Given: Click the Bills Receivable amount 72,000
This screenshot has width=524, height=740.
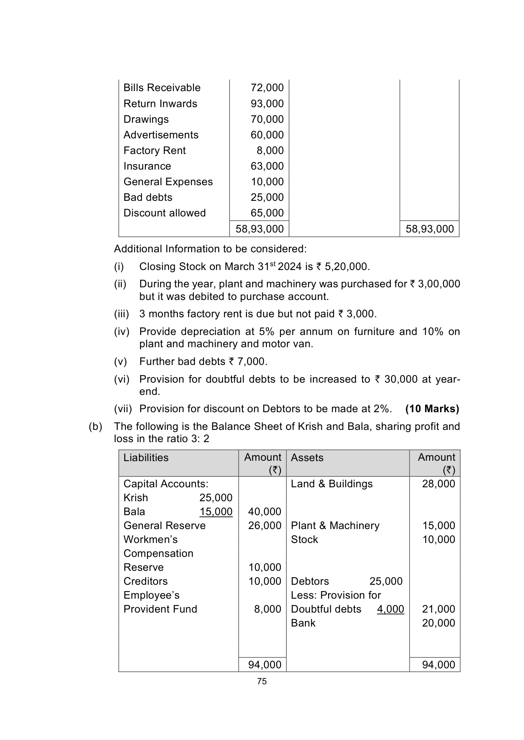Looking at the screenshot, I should (x=267, y=88).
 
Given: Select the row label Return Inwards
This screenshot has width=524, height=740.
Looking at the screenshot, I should (x=160, y=104).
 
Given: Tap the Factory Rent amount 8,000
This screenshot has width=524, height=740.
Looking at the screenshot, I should (x=270, y=151).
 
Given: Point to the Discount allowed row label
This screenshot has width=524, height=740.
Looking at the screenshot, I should (x=164, y=213).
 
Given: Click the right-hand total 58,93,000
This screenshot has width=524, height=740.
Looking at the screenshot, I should (x=429, y=229).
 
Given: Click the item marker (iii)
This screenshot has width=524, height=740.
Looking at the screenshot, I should (x=121, y=314).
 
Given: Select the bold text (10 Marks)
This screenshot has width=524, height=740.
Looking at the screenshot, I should (x=432, y=409).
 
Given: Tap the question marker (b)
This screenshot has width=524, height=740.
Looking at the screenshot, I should (x=95, y=427).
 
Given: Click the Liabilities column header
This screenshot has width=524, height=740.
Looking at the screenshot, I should (x=146, y=458).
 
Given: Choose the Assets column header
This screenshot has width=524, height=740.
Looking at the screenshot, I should (x=307, y=458).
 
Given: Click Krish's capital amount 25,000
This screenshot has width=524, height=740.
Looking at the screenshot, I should (x=216, y=498).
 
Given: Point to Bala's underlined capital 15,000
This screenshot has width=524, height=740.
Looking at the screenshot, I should (x=216, y=512).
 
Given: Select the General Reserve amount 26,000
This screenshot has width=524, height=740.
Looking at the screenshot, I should (x=264, y=526).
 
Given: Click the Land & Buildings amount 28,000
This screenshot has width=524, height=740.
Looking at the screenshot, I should (x=438, y=484).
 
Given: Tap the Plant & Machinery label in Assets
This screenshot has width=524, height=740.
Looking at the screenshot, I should (x=335, y=526).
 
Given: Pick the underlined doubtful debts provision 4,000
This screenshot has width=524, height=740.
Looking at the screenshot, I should (x=390, y=609).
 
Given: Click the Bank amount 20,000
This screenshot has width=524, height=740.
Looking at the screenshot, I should (x=438, y=623).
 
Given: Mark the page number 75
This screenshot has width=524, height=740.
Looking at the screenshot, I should (x=262, y=681).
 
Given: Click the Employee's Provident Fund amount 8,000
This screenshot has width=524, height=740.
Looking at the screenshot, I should (x=267, y=609).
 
